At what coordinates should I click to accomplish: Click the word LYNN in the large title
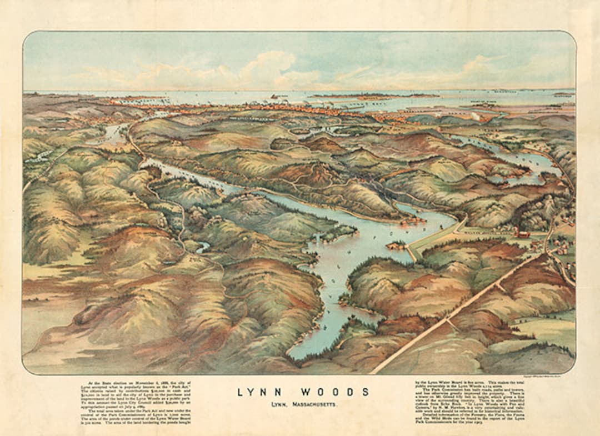259,392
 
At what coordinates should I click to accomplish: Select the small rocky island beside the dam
396,245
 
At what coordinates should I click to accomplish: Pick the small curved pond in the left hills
203,247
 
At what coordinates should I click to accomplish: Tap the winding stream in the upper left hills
111,133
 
